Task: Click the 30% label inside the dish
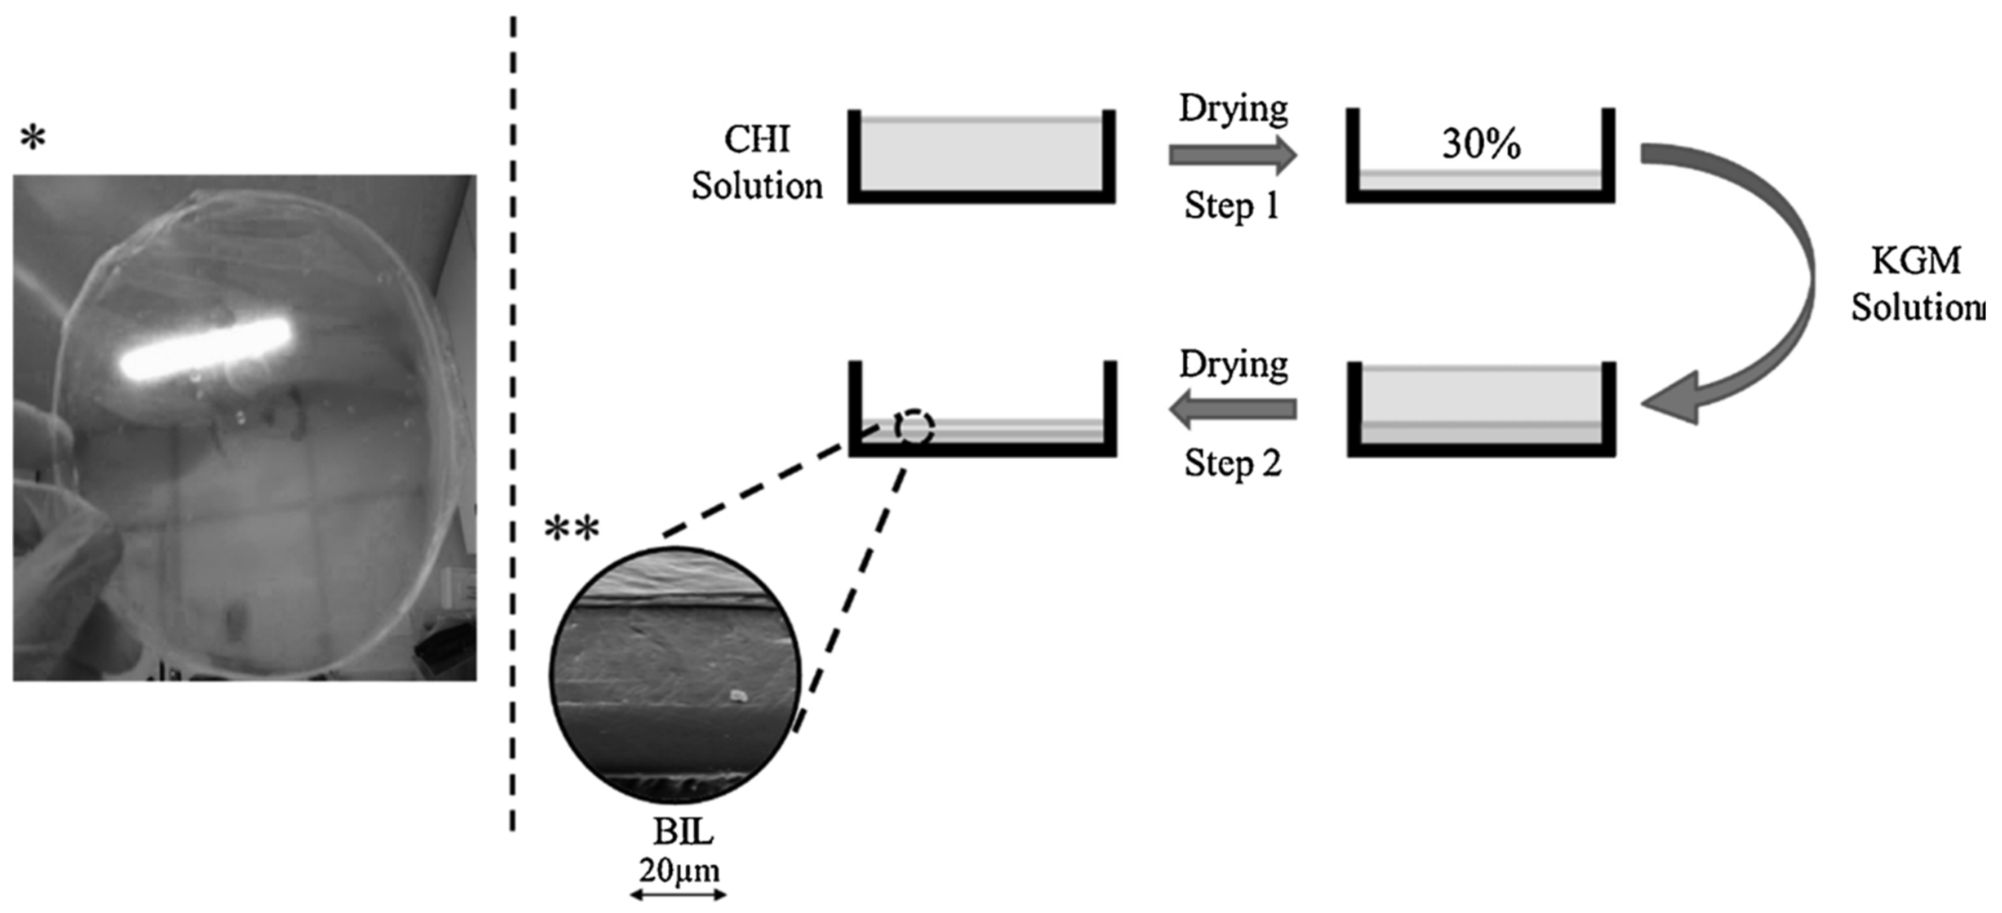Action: (x=1481, y=144)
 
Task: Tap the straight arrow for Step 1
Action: (x=1232, y=156)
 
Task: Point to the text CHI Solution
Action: (x=757, y=163)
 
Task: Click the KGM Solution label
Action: (x=1917, y=284)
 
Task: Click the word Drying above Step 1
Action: (x=1233, y=109)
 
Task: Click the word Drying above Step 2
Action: (x=1233, y=363)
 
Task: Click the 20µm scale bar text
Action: (x=679, y=870)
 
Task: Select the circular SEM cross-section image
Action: (x=674, y=675)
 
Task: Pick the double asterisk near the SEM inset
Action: (x=572, y=531)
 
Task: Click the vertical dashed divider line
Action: (x=513, y=428)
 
